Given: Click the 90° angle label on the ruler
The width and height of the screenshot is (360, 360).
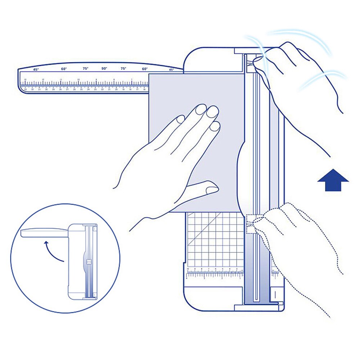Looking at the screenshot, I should pyautogui.click(x=104, y=68).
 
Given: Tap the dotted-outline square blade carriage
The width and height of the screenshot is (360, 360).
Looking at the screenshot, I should pyautogui.click(x=253, y=223).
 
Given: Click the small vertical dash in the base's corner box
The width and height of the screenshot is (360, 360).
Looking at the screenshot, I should pyautogui.click(x=274, y=293).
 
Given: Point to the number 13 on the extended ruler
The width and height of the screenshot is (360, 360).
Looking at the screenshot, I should pyautogui.click(x=25, y=79).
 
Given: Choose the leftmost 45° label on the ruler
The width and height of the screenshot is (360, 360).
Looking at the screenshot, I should pyautogui.click(x=36, y=69).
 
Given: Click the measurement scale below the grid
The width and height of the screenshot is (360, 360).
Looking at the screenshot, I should pyautogui.click(x=214, y=273).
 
